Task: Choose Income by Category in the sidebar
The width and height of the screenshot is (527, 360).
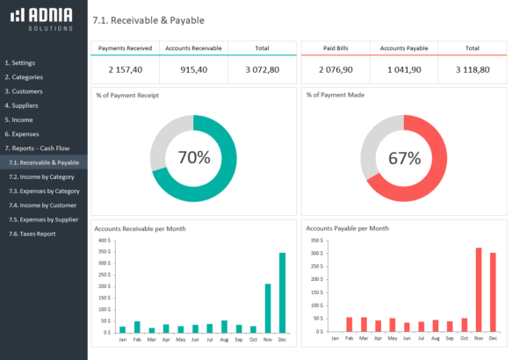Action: tap(41, 176)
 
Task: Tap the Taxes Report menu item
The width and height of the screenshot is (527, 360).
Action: tap(33, 234)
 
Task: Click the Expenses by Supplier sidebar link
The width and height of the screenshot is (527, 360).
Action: tap(43, 220)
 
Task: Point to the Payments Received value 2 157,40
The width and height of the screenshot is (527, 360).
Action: tap(125, 68)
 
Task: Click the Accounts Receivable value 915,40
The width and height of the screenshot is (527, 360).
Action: tap(193, 68)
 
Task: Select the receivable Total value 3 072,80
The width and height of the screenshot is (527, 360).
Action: tap(261, 68)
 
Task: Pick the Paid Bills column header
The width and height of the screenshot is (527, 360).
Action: tap(335, 48)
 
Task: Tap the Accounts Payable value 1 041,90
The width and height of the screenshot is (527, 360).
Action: tap(403, 68)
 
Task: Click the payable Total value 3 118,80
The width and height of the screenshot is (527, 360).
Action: tap(472, 68)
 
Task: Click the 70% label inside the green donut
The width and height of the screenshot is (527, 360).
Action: tap(193, 158)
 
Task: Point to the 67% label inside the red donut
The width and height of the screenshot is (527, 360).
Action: tap(404, 158)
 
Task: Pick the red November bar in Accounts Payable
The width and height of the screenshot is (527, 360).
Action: tap(479, 289)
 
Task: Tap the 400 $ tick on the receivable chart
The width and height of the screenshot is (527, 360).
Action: tap(103, 240)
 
